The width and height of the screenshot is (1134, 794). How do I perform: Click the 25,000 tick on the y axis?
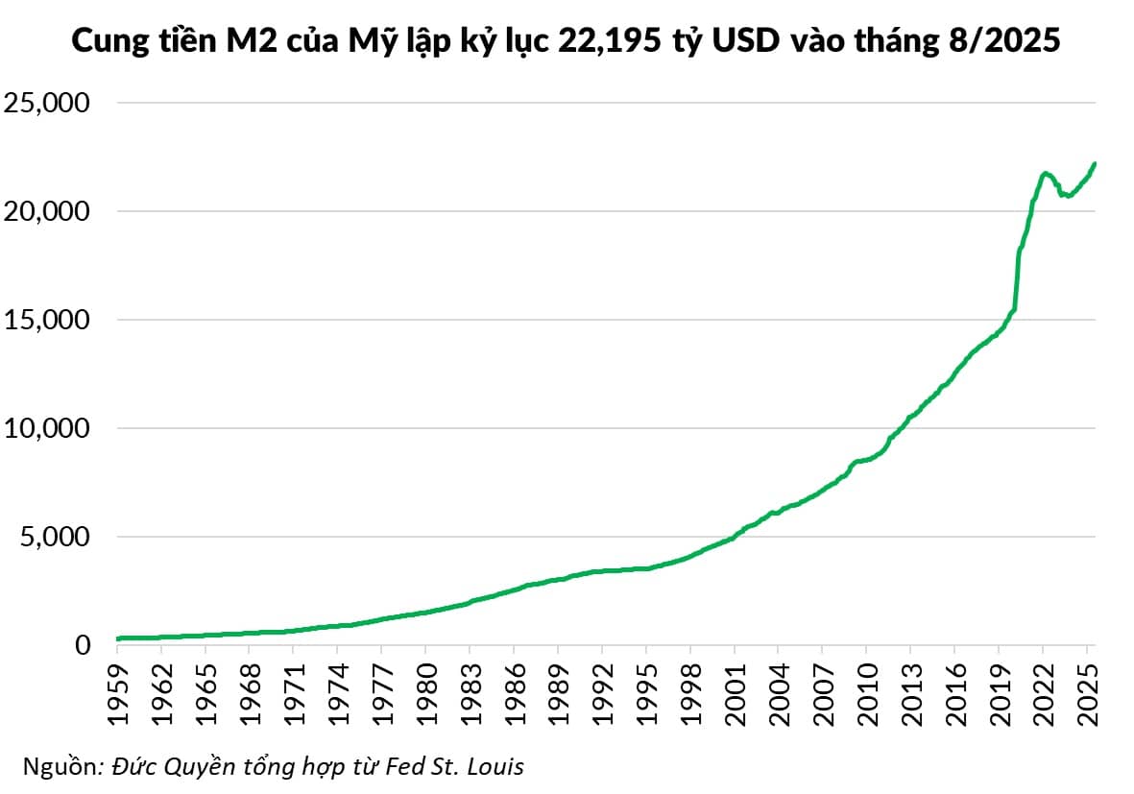click(x=47, y=103)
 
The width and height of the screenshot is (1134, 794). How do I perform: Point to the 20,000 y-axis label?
click(x=47, y=211)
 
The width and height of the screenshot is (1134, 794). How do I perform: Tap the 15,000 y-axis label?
click(x=47, y=320)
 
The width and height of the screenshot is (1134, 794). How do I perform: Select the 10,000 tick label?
click(x=47, y=428)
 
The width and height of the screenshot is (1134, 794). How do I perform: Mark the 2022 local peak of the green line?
click(x=1044, y=173)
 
